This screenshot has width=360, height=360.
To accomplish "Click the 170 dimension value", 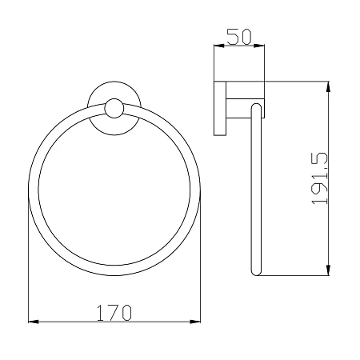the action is [x=114, y=313].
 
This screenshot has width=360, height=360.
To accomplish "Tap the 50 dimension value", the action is [x=239, y=37].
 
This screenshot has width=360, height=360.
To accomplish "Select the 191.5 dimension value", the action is [x=319, y=178].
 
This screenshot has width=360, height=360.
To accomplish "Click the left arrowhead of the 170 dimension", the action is [x=33, y=322].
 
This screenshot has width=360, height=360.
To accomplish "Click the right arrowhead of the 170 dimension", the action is [x=195, y=322].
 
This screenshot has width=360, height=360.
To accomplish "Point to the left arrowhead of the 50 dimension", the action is [x=219, y=46].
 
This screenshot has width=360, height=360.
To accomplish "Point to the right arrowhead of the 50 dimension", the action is [x=259, y=46].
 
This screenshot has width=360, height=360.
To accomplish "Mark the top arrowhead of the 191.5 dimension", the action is [x=328, y=86].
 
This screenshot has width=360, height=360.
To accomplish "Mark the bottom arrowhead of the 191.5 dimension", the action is [x=328, y=270].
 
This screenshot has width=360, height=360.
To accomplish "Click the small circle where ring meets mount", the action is [x=114, y=109].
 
